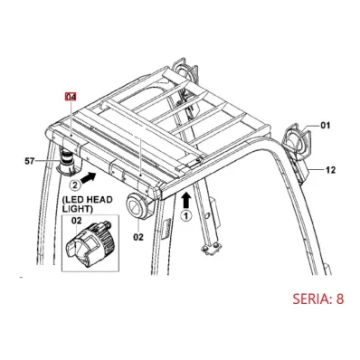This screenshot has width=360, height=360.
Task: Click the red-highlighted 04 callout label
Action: [71, 97]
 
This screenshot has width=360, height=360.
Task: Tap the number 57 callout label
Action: [30, 161]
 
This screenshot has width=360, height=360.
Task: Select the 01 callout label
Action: [325, 125]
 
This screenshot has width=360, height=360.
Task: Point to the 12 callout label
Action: [330, 170]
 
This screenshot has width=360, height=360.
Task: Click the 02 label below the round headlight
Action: [138, 237]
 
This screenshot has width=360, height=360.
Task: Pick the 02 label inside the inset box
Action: [77, 221]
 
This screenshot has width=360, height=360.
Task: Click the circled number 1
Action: [186, 216]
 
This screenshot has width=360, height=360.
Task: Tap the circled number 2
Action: [75, 185]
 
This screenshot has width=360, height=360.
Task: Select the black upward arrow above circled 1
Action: [186, 201]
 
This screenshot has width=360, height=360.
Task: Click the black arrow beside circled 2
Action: [89, 177]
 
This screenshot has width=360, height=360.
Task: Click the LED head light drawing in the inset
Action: [91, 245]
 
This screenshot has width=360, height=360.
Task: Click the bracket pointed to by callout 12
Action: [302, 170]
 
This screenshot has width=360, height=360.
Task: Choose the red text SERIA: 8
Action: [318, 298]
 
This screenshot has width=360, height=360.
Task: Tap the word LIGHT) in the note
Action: [77, 208]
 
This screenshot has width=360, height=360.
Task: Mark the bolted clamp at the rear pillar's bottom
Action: [210, 249]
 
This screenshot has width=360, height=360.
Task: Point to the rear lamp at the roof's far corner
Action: [185, 71]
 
